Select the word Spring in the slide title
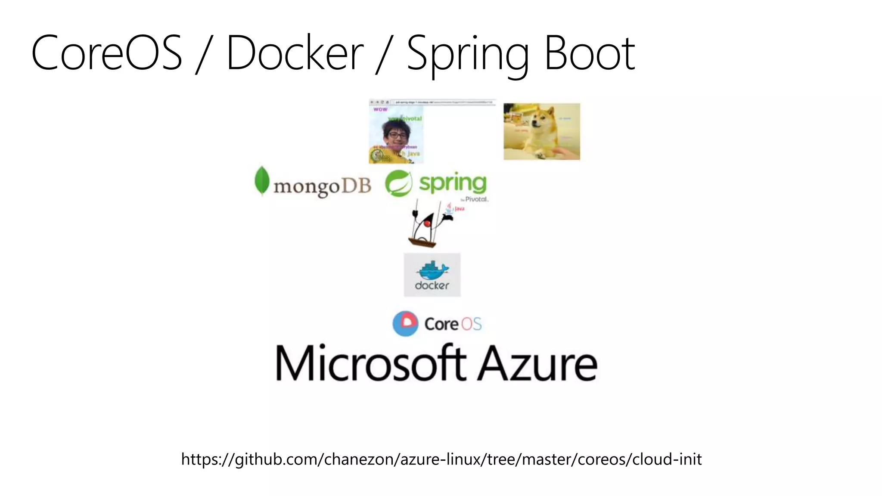(468, 55)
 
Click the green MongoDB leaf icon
(261, 181)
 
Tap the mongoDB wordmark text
(322, 187)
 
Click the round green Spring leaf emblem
(398, 183)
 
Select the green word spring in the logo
(453, 183)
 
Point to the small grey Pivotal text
(476, 199)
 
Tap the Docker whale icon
(432, 271)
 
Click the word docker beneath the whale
(432, 285)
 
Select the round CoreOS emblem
(405, 323)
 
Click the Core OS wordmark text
(453, 324)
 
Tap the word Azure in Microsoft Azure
(538, 364)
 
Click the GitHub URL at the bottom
(441, 459)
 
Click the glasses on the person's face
(397, 135)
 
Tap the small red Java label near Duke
(460, 209)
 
